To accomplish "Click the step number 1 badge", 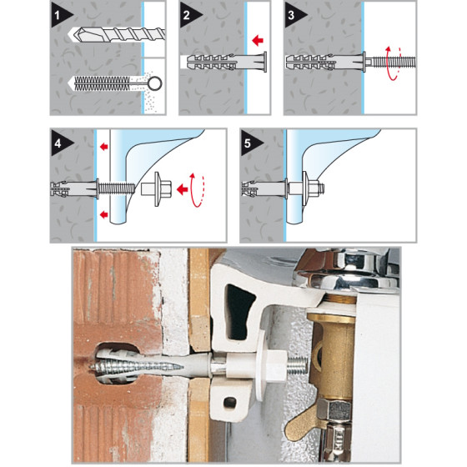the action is pyautogui.click(x=59, y=15).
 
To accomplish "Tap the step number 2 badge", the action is pyautogui.click(x=188, y=15).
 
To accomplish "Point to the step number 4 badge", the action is pyautogui.click(x=59, y=143).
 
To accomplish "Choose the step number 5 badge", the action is pyautogui.click(x=249, y=143).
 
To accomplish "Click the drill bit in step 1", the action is pyautogui.click(x=117, y=34).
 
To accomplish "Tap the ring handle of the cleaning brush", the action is pyautogui.click(x=155, y=83).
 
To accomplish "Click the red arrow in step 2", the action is pyautogui.click(x=258, y=40).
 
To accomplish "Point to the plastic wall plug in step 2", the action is pyautogui.click(x=227, y=63).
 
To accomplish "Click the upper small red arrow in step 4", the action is pyautogui.click(x=104, y=146).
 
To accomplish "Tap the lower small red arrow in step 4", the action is pyautogui.click(x=104, y=214).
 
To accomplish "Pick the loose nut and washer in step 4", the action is pyautogui.click(x=157, y=188).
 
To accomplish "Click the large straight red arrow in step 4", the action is pyautogui.click(x=182, y=189).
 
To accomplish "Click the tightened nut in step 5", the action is pyautogui.click(x=313, y=188).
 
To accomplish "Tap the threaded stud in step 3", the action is pyautogui.click(x=390, y=63).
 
